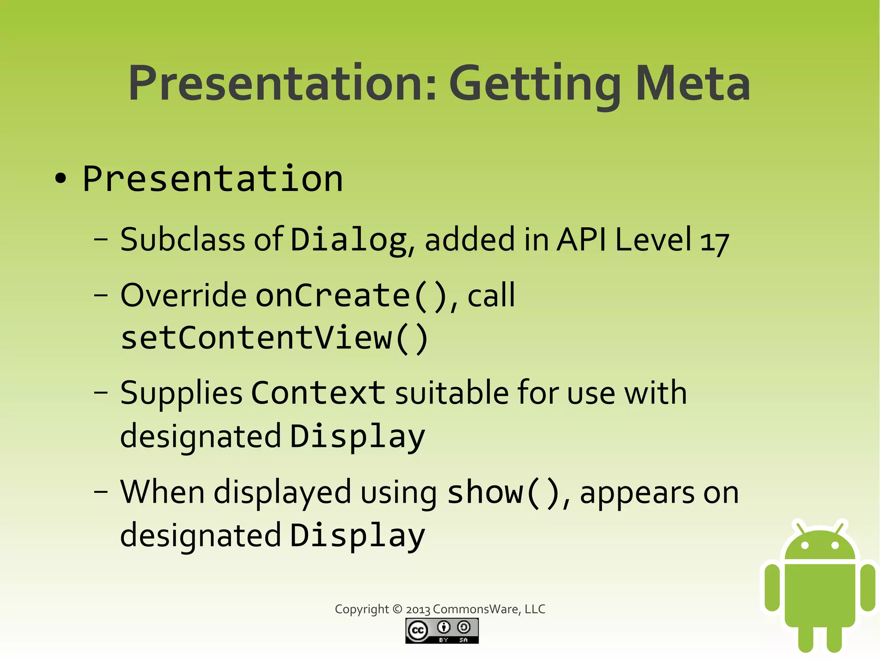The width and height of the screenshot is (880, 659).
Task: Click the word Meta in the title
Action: pyautogui.click(x=693, y=83)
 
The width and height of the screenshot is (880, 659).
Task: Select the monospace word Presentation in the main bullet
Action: pyautogui.click(x=213, y=179)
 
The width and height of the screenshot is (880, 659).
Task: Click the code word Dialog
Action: pyautogui.click(x=348, y=240)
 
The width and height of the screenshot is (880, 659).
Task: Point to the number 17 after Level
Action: pyautogui.click(x=714, y=242)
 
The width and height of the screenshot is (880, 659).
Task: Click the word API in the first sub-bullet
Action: pyautogui.click(x=581, y=240)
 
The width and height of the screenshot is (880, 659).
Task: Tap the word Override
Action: pyautogui.click(x=183, y=296)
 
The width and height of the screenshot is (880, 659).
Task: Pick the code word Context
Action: pyautogui.click(x=318, y=393)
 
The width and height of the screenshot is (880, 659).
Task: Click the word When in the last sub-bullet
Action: pyautogui.click(x=162, y=492)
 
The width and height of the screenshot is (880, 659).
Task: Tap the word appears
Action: pyautogui.click(x=637, y=494)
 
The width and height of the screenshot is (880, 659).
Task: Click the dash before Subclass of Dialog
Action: pyautogui.click(x=101, y=240)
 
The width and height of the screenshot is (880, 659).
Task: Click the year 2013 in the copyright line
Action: pyautogui.click(x=418, y=609)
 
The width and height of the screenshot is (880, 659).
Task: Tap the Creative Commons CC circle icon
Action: pyautogui.click(x=418, y=630)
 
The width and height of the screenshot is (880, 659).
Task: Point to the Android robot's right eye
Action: pyautogui.click(x=835, y=546)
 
